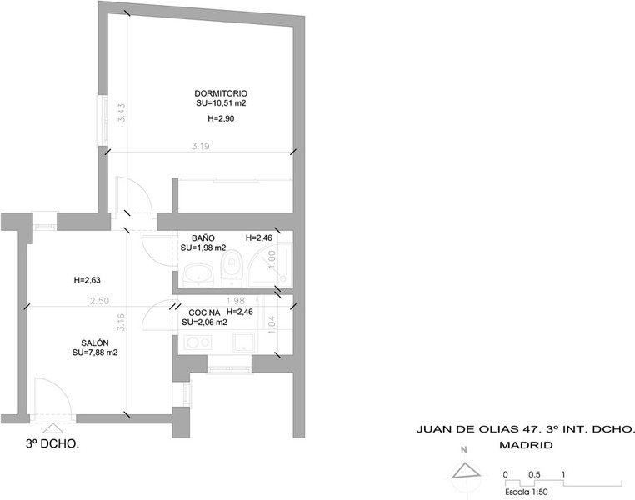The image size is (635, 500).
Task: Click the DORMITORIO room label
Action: tap(221, 93)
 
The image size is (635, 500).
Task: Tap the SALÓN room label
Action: tap(95, 342)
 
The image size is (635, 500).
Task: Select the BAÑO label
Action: tap(203, 238)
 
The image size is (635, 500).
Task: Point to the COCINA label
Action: tap(204, 312)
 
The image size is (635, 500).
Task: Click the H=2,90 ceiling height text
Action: tap(221, 118)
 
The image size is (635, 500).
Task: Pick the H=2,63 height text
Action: tap(87, 280)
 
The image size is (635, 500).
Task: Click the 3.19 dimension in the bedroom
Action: tap(201, 146)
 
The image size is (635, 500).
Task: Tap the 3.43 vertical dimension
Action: tap(122, 113)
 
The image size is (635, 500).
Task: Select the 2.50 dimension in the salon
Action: tap(100, 301)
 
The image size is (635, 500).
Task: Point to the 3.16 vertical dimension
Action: tap(122, 322)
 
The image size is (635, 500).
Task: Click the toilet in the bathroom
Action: tap(232, 267)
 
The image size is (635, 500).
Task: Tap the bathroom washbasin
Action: tap(198, 275)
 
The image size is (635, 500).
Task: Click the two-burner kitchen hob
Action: tap(198, 342)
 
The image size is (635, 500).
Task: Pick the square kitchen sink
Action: tap(244, 342)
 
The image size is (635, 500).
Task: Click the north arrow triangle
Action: tap(466, 471)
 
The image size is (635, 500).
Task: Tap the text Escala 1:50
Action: tap(527, 492)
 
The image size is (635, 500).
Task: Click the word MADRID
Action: tap(526, 445)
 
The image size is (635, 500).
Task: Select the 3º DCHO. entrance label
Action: tap(52, 444)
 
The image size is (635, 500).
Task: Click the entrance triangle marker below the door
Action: tap(52, 428)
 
